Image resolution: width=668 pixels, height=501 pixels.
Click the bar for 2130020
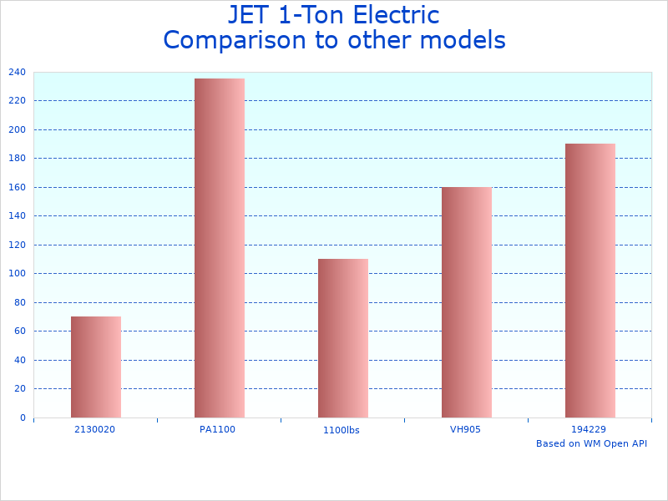(x=96, y=367)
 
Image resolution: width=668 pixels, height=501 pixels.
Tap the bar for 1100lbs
(x=343, y=338)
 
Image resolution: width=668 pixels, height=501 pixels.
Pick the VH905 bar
(x=467, y=302)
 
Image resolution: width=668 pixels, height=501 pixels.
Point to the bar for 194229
(x=590, y=281)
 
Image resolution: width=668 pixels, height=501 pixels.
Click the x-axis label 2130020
(x=94, y=429)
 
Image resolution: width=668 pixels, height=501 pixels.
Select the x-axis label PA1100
(x=217, y=429)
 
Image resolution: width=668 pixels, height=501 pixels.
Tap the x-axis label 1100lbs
(x=341, y=430)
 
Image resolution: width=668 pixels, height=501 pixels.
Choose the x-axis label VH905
(x=465, y=429)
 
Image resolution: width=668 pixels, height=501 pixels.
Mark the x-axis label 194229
(x=589, y=429)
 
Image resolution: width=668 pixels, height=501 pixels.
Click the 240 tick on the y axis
(x=17, y=73)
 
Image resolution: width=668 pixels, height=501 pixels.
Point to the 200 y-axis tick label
(x=17, y=130)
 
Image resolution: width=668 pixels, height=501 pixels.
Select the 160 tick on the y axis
(x=17, y=188)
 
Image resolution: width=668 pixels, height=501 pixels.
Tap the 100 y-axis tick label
(x=17, y=274)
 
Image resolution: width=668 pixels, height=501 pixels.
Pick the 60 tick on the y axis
(x=19, y=331)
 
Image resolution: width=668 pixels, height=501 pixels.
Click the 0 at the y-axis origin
(x=23, y=417)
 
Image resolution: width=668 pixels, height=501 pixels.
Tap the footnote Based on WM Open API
(x=591, y=443)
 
